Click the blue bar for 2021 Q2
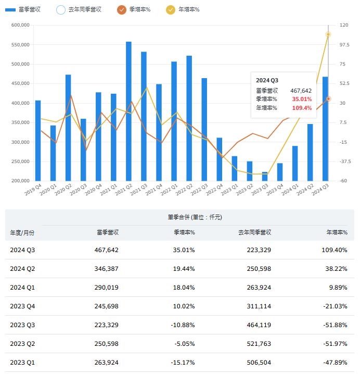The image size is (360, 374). [128, 111]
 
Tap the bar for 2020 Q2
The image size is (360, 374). [68, 128]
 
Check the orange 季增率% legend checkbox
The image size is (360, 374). [121, 9]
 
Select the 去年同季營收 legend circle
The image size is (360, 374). [60, 9]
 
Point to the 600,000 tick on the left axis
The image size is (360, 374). [18, 25]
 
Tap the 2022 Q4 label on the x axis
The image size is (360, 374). [215, 190]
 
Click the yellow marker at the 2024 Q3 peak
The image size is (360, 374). [328, 34]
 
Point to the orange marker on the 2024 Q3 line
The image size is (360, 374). [328, 98]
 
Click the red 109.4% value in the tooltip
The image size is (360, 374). [302, 108]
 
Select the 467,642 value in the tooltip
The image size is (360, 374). [301, 90]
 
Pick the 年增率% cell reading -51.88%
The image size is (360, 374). [336, 325]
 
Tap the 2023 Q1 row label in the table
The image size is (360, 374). [22, 362]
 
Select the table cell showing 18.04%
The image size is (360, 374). [184, 287]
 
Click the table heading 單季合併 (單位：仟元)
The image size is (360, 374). [179, 217]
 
